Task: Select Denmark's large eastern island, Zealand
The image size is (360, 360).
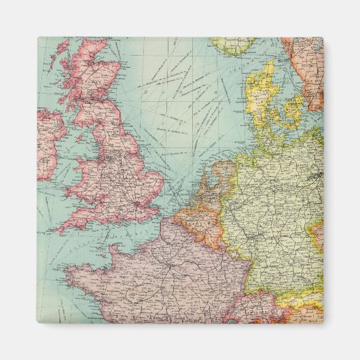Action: click(294, 109)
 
